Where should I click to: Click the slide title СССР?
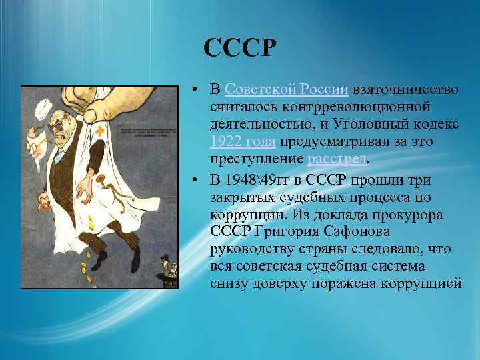click(x=239, y=49)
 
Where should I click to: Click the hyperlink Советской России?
click(x=287, y=90)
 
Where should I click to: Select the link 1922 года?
click(x=243, y=142)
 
